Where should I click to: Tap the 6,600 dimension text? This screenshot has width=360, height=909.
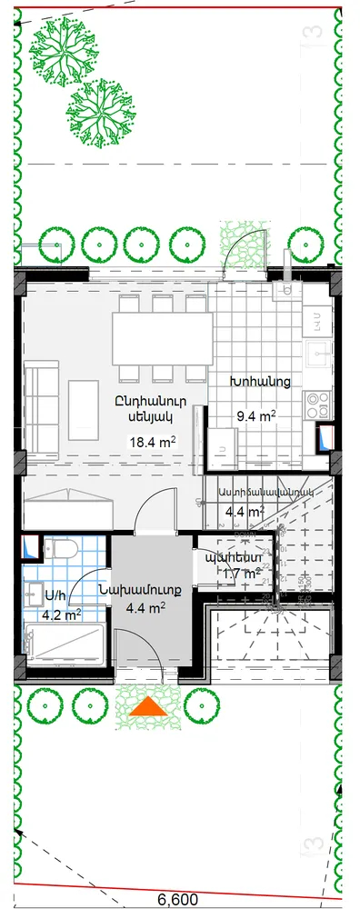(178, 899)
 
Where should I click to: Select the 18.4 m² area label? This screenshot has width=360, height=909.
(153, 443)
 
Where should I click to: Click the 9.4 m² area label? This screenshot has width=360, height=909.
(255, 417)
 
